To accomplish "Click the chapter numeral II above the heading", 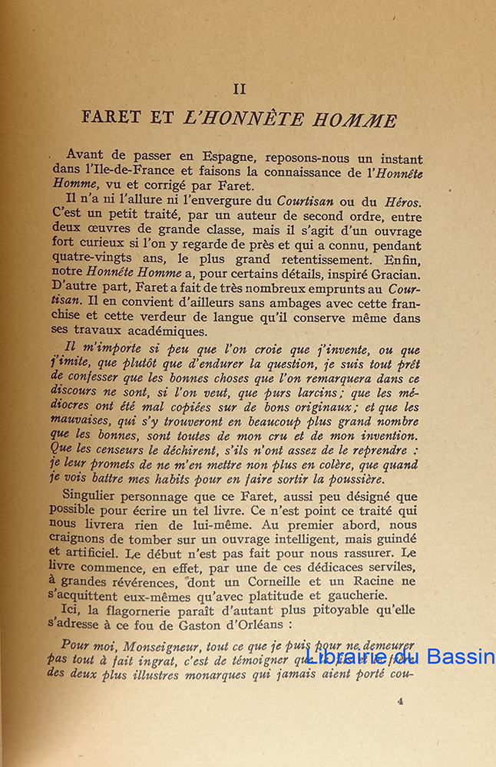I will coord(239,89).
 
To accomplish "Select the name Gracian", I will coord(394,275).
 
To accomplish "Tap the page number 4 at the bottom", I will coord(401,700).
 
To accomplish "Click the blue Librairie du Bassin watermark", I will coord(394,657).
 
